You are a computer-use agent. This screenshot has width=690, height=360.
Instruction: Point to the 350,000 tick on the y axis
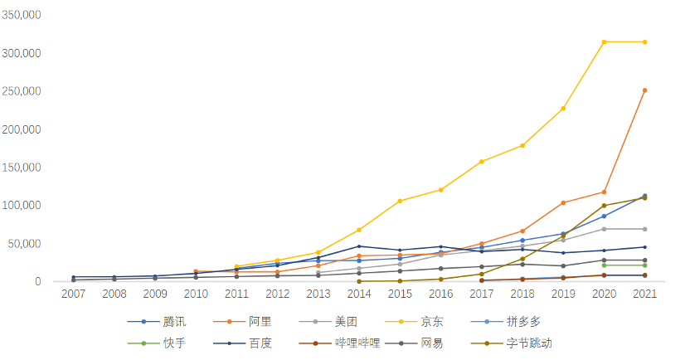tap(22, 16)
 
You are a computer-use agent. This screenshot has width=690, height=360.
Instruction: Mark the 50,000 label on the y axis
tap(25, 244)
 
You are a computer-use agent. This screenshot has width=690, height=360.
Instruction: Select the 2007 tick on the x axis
tap(73, 294)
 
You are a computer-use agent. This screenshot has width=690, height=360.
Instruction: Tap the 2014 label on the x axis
tap(358, 294)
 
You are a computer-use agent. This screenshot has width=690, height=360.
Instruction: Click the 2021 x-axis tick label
tap(644, 294)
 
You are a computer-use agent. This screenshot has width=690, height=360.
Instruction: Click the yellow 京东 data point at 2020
tap(604, 41)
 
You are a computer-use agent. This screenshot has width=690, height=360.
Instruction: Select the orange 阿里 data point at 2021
tap(644, 90)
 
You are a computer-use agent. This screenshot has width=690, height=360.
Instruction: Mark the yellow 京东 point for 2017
tap(481, 161)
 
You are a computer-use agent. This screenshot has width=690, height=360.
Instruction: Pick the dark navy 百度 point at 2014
tap(358, 246)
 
